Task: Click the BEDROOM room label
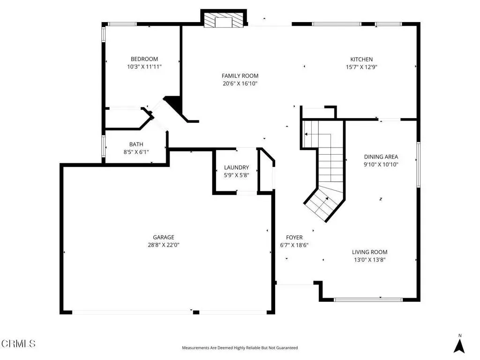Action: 144,59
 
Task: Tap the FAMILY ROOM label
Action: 240,76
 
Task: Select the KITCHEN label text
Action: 361,60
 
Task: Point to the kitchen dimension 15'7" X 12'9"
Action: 361,67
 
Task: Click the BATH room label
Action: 136,144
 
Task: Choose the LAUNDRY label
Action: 236,167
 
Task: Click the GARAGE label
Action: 164,237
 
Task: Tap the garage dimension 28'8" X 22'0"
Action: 164,245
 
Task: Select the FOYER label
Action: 294,237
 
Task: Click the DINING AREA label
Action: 381,157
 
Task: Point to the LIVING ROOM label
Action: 369,252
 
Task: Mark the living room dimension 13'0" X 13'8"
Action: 369,260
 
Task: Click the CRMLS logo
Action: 18,344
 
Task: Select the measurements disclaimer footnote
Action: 240,348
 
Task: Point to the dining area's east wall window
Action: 418,165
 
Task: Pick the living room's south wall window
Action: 368,300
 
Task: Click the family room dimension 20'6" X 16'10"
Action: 240,83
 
